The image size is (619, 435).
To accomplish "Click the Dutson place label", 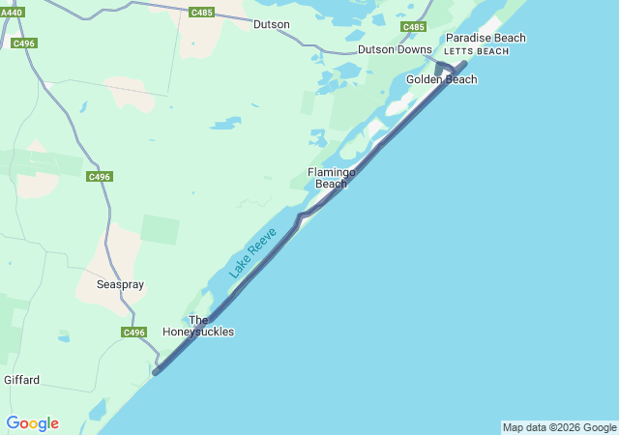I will [272, 24].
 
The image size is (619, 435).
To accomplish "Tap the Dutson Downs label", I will [395, 49].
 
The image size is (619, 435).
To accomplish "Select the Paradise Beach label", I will [486, 38].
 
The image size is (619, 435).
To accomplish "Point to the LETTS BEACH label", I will [476, 50].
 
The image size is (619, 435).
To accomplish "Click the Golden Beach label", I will [441, 79].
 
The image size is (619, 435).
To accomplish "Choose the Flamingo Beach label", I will [332, 178].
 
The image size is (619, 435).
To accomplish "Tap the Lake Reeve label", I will [253, 253].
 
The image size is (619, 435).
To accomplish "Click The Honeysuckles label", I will [198, 326].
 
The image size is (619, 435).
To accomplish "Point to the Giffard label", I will [22, 380].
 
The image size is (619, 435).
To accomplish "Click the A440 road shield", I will [12, 12].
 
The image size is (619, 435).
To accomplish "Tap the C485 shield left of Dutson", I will [202, 13].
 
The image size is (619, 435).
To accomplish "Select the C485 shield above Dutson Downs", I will [414, 26].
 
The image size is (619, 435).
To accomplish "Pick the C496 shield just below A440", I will [23, 43].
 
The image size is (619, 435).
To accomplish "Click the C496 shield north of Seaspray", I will [99, 176].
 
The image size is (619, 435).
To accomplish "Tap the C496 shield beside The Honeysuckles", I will [133, 333].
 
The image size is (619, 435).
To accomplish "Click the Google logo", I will [32, 423].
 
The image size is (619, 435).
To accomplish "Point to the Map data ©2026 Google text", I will [559, 427].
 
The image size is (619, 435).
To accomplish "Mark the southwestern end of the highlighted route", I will [156, 371].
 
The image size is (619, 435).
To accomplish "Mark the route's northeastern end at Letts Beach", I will [465, 64].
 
